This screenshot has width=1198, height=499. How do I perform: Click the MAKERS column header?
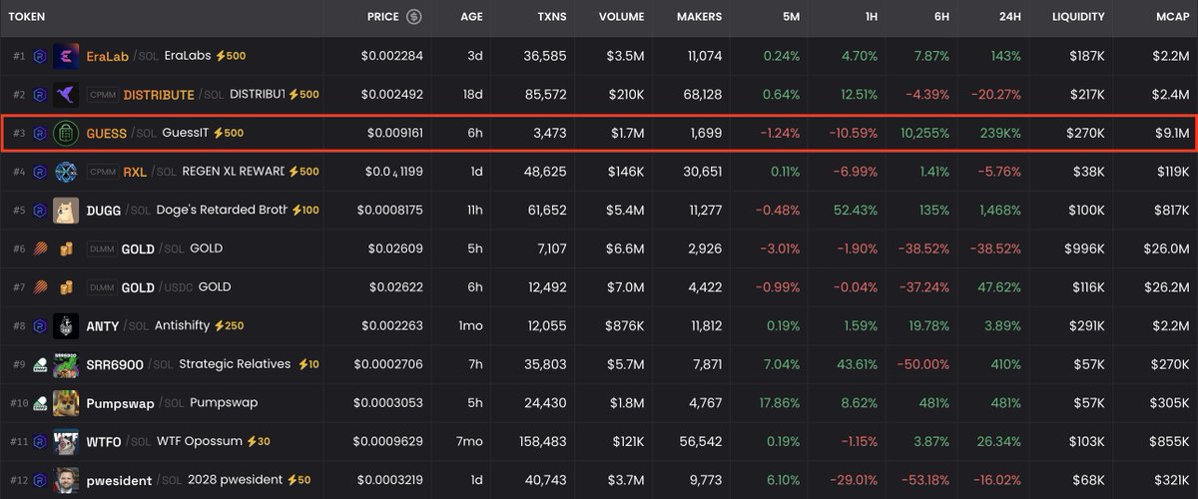(699, 17)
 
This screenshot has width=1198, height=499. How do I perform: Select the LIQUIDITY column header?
(1078, 17)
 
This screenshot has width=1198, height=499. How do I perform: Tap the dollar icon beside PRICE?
(413, 17)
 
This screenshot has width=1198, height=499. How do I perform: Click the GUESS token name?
(106, 133)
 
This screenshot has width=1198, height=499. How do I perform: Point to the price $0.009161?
(394, 133)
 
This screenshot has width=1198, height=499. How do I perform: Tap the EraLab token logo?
(66, 56)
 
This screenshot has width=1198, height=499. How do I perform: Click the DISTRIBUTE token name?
(159, 95)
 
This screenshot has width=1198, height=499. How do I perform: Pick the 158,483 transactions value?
(539, 441)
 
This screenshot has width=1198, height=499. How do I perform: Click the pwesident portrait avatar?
(66, 480)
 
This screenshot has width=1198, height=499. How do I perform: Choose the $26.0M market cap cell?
(1163, 249)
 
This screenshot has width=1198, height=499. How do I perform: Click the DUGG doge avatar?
(66, 211)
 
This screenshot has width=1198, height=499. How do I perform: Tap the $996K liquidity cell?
(1082, 249)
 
